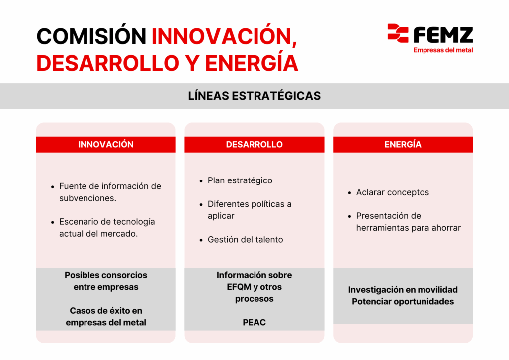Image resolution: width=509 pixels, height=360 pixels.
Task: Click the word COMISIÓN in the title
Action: [91, 36]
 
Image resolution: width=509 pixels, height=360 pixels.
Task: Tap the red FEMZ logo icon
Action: [398, 33]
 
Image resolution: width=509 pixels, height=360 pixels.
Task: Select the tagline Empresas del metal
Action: [443, 50]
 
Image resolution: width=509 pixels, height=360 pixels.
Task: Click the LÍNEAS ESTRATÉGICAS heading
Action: [254, 96]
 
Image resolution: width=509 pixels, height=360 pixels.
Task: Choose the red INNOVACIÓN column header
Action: [106, 145]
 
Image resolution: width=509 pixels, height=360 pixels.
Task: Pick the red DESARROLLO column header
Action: [254, 145]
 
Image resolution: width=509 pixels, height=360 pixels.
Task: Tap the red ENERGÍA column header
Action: [403, 145]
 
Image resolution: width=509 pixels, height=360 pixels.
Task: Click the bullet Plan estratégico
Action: [240, 180]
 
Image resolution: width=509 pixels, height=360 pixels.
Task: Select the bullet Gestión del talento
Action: [245, 240]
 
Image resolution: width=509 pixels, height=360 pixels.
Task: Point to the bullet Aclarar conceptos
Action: [393, 192]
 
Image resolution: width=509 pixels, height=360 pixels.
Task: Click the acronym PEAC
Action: [254, 322]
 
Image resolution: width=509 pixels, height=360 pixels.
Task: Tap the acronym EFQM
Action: [239, 287]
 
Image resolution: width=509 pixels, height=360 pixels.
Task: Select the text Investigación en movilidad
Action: [403, 290]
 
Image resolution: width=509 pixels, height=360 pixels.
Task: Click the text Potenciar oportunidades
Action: [403, 301]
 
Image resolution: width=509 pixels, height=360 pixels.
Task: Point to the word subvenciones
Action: [87, 198]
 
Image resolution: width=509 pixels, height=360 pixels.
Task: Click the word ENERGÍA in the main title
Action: [251, 63]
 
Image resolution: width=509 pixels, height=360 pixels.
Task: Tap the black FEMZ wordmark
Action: [443, 35]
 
